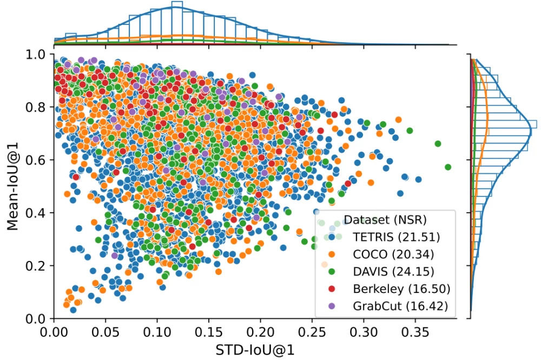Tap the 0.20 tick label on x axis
point(260,329)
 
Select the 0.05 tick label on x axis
point(105,329)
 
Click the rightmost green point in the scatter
point(448,167)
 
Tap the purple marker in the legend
point(332,306)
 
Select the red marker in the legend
point(332,289)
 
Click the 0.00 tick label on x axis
point(54,329)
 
